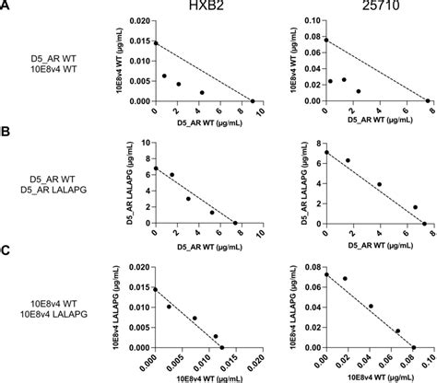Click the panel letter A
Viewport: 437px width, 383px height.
pyautogui.click(x=6, y=6)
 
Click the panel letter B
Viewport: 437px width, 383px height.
pyautogui.click(x=6, y=131)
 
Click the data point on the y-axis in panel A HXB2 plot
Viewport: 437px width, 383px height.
pyautogui.click(x=155, y=43)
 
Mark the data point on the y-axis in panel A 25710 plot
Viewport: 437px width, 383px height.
pyautogui.click(x=325, y=40)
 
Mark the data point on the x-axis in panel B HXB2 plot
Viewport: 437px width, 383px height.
pyautogui.click(x=234, y=224)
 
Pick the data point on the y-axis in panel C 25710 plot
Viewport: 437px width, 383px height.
pyautogui.click(x=325, y=274)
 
